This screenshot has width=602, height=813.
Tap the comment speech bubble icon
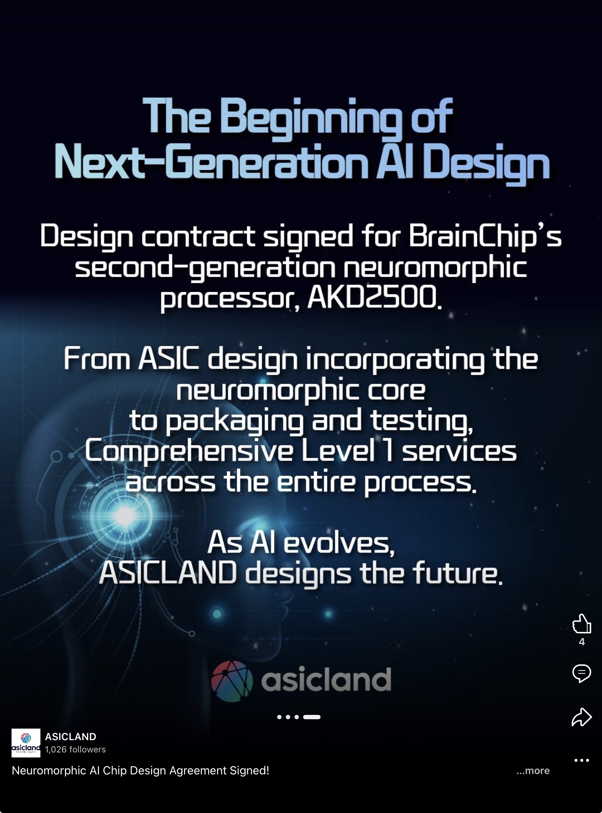[x=581, y=673]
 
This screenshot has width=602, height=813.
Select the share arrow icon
[x=581, y=717]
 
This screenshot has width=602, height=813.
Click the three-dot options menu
[x=581, y=760]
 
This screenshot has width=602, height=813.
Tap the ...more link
[x=533, y=770]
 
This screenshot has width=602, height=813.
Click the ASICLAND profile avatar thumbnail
[x=26, y=743]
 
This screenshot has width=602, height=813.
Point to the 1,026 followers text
[x=75, y=749]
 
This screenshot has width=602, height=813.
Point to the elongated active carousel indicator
[x=311, y=717]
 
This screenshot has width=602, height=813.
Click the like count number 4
[x=581, y=642]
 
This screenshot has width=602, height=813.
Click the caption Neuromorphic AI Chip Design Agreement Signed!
[x=141, y=770]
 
